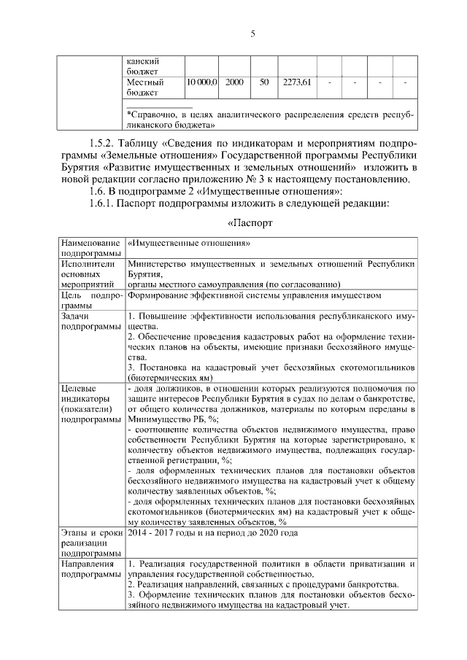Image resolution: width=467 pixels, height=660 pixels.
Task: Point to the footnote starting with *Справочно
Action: [x=269, y=120]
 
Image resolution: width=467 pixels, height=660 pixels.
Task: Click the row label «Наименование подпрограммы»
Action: [x=90, y=246]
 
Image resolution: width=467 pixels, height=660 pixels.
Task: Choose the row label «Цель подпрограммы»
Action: [x=90, y=301]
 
